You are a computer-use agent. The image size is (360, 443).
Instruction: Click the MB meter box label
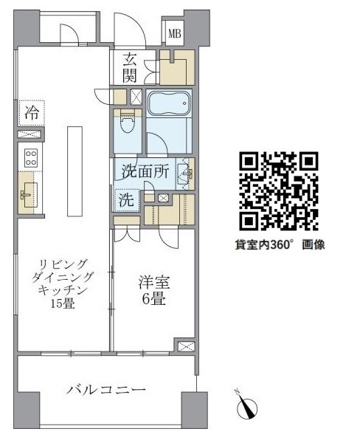(175, 34)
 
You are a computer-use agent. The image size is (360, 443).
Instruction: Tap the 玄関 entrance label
(130, 67)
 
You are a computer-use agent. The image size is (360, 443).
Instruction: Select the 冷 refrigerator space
(32, 113)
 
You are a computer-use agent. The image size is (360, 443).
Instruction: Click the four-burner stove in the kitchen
(31, 158)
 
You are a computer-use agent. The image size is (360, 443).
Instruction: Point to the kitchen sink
(30, 195)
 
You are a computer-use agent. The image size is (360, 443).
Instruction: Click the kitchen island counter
(75, 171)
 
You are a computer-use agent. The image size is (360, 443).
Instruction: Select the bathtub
(169, 103)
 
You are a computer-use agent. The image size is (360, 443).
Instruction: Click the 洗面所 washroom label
(145, 171)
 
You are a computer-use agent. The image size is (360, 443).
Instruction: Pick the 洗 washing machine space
(126, 200)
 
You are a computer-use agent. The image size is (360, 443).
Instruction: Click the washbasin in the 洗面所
(185, 174)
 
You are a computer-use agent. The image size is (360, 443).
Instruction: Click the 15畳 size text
(63, 303)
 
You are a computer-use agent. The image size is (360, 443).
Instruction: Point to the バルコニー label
(106, 390)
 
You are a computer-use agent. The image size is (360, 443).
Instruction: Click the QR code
(279, 191)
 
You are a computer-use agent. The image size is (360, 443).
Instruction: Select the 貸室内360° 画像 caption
(280, 244)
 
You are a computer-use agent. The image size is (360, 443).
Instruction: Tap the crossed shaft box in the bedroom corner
(187, 346)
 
